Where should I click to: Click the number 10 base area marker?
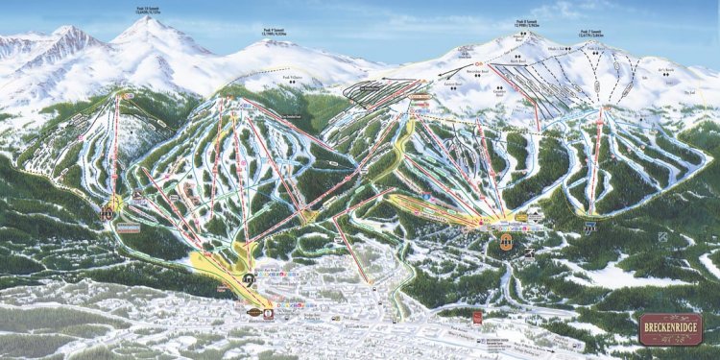(x=108, y=212)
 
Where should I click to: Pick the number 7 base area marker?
(x=591, y=228)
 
